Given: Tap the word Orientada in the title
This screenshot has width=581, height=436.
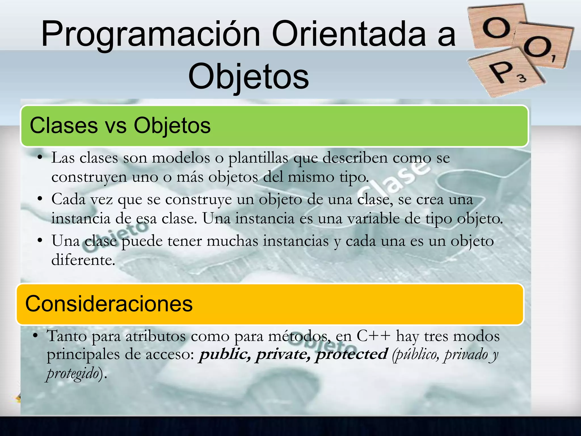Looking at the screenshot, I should pos(349,34).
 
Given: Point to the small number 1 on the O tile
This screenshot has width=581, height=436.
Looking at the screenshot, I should pos(553,59).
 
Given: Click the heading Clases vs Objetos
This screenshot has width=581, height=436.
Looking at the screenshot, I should pos(120,126).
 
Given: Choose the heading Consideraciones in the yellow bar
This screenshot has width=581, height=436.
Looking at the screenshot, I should pos(109,304).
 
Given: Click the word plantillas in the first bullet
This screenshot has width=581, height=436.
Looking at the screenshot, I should pos(258,158).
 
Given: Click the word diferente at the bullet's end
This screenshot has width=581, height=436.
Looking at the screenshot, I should pos(83,260).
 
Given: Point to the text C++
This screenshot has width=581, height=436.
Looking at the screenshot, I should pos(373,336).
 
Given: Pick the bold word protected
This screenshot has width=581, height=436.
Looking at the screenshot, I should pos(352,354).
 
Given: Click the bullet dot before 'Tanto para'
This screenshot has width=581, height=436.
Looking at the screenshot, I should pos(35,336).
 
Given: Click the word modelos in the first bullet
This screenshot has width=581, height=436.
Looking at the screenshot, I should pos(181,158).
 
